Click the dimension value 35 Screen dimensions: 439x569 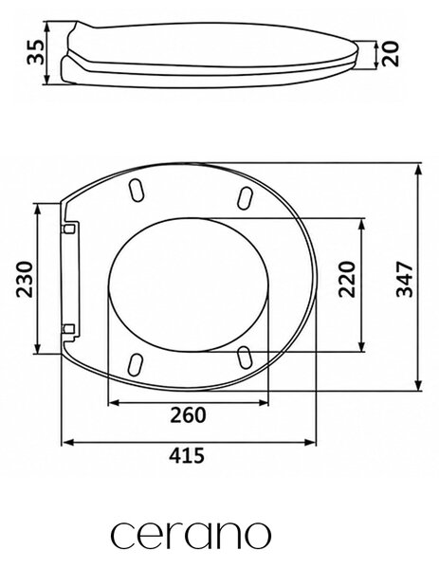point(35,52)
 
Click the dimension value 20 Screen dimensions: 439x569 point(391,54)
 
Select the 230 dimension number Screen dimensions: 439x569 point(25,279)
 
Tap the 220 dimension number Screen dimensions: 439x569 point(346,279)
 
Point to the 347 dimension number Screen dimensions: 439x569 point(405,279)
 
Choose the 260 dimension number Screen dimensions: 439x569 point(188,415)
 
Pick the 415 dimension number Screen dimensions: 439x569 point(187,455)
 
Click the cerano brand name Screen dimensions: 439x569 point(191,535)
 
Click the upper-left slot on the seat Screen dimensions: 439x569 point(136,190)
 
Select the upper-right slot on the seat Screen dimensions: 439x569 point(245,198)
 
